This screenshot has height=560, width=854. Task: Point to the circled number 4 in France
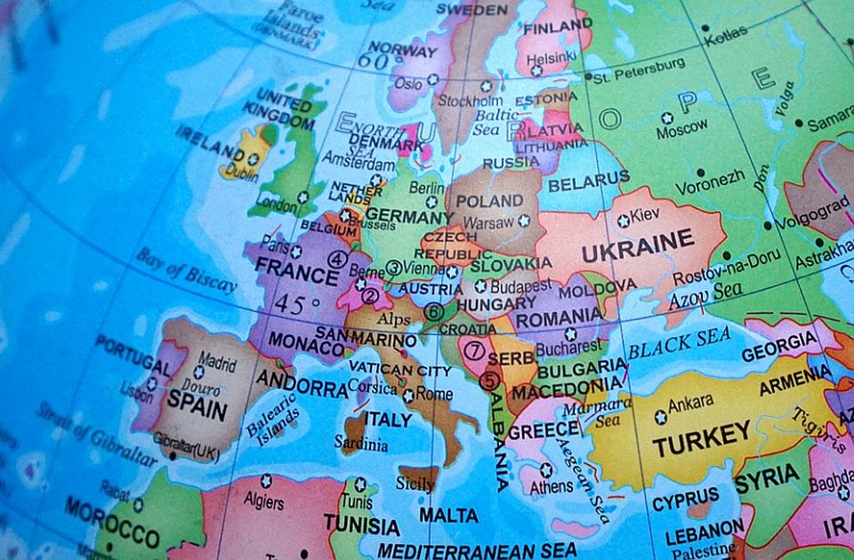[x=336, y=260]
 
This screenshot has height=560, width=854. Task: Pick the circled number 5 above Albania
[x=489, y=380]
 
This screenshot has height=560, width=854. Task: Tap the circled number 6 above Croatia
[x=434, y=312]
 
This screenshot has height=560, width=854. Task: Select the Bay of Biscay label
[x=186, y=270]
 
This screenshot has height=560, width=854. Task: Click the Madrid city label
[x=217, y=363]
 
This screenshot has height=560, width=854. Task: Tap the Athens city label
[x=552, y=487]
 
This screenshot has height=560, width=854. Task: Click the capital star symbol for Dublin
[x=253, y=159]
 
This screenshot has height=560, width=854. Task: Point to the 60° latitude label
[x=375, y=61]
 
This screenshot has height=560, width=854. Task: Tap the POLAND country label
[x=489, y=201]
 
